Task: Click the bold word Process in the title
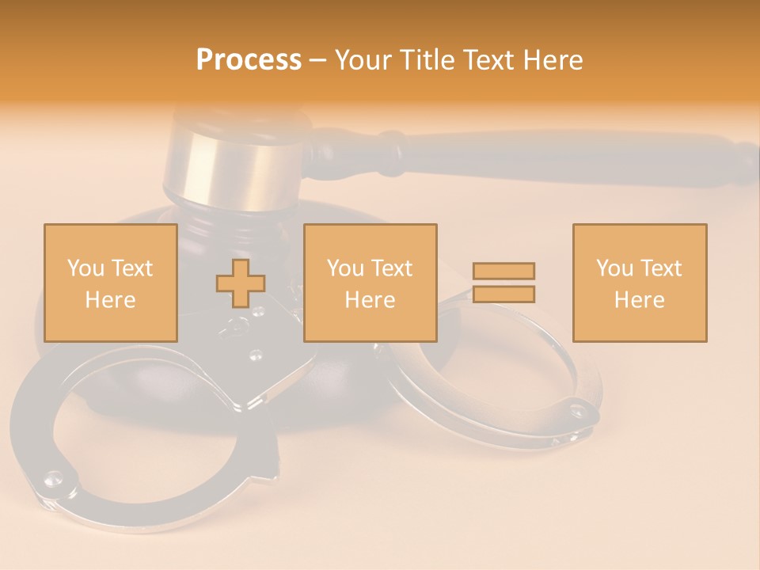point(249,60)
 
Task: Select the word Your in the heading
point(363,60)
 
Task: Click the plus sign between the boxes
point(241,283)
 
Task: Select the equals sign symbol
point(503,283)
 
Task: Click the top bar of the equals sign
point(503,271)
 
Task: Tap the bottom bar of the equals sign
point(503,294)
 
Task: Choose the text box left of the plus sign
point(110,283)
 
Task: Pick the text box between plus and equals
point(370,283)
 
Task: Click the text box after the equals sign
point(640,283)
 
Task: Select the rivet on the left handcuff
point(54,477)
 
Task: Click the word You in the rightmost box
point(615,268)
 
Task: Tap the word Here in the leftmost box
point(110,300)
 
